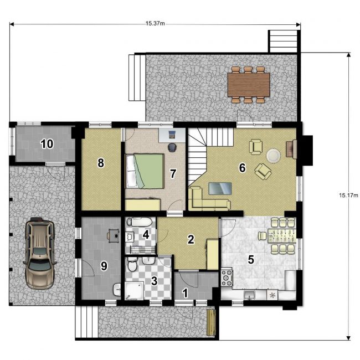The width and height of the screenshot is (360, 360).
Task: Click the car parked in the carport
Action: coord(39,253)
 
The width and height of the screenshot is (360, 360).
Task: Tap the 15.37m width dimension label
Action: coord(155,23)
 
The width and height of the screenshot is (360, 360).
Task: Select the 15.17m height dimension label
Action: coord(348,196)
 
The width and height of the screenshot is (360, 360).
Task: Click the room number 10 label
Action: coord(47,144)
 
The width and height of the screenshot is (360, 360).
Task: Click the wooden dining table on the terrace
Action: coord(249,85)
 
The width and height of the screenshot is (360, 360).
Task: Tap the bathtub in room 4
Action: coord(139,222)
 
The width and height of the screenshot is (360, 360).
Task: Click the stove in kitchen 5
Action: coord(227,278)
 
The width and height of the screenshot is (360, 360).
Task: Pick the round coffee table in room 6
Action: coord(273,156)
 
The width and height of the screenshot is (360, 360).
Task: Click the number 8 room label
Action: coord(101,163)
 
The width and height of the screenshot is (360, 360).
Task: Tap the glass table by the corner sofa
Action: coord(220,188)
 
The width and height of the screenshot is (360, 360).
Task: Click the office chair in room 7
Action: coord(171,147)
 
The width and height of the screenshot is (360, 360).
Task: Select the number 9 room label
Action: coord(104,266)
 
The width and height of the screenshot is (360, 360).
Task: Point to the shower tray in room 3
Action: coord(134,291)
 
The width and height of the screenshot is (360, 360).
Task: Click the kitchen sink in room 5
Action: coord(250,295)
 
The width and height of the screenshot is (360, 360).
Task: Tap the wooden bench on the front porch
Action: coord(211,322)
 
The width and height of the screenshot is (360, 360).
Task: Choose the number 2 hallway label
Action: coord(191,239)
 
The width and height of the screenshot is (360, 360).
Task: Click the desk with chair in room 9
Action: coord(114,235)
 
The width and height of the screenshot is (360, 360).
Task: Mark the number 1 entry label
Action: coord(185,293)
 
